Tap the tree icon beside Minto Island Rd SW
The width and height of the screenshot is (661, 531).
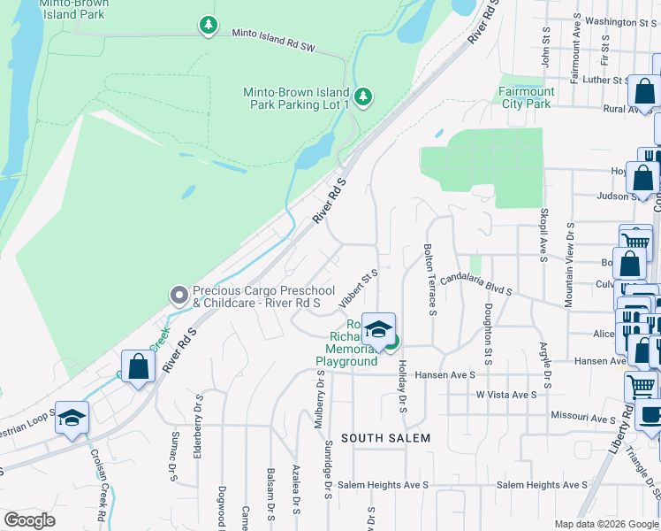[x=208, y=25]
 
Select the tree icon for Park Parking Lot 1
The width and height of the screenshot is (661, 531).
[x=362, y=96]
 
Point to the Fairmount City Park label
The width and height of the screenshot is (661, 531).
[x=526, y=97]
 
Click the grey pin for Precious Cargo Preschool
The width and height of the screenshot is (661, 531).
[x=179, y=294]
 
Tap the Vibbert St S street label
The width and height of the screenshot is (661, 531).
[x=359, y=289]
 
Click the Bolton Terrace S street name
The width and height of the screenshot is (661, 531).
[x=430, y=279]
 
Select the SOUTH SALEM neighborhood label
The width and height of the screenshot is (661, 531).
[x=386, y=438]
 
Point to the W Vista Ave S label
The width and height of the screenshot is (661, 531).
[x=506, y=395]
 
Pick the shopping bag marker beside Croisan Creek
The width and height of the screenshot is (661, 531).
[x=138, y=366]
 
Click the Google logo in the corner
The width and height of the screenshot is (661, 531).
[x=30, y=520]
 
